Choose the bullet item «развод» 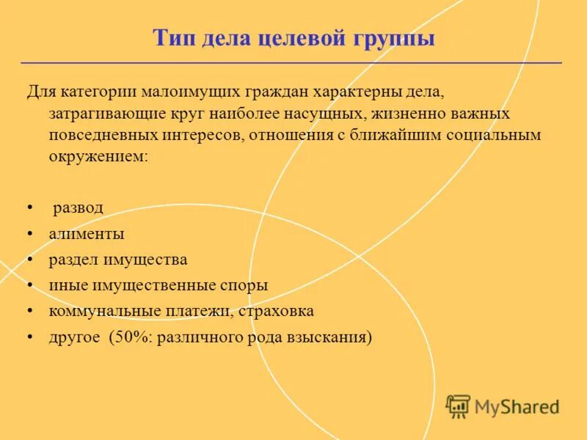78,208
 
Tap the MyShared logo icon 458,406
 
